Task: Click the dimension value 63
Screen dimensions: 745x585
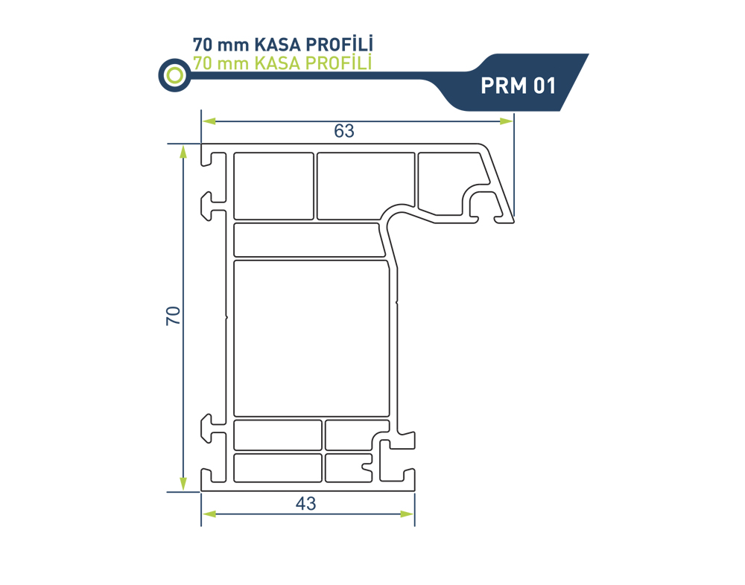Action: pos(344,130)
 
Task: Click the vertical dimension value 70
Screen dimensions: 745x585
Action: pos(174,316)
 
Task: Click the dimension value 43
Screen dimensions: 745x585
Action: pos(305,503)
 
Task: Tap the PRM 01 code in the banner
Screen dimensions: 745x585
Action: pos(518,86)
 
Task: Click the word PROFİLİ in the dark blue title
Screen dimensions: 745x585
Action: pos(339,44)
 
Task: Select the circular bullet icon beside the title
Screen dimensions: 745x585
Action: pos(175,75)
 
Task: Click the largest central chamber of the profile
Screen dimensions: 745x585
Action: pos(311,339)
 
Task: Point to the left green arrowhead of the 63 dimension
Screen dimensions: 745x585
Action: pos(209,121)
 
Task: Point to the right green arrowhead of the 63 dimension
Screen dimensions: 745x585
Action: pos(507,121)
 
